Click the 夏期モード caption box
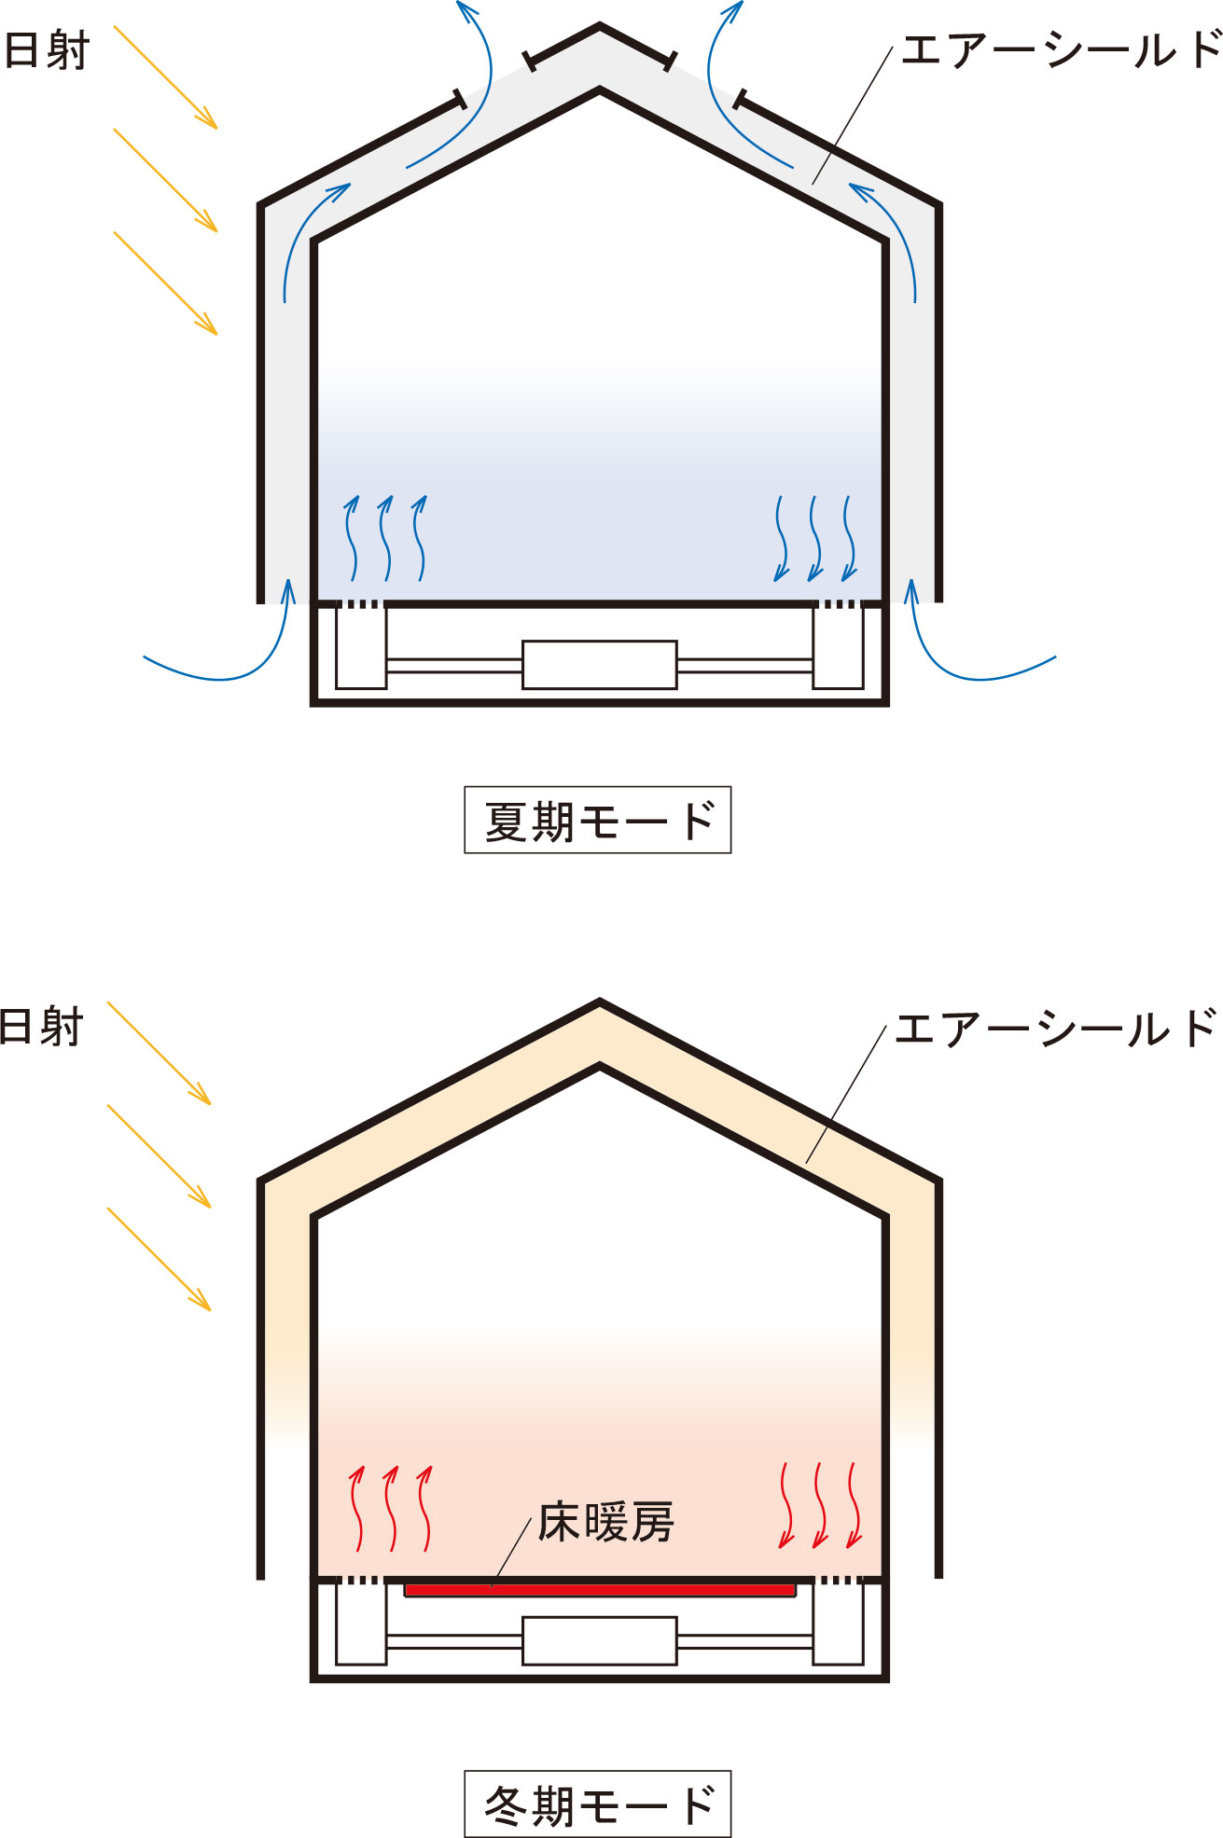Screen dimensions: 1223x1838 click(597, 820)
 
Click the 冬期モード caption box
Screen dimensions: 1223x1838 click(597, 1803)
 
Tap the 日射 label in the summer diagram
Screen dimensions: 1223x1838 click(47, 50)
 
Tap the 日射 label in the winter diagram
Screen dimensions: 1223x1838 click(42, 1028)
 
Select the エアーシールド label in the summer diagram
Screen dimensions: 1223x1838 click(1062, 49)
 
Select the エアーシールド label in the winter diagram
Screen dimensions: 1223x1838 click(1056, 1028)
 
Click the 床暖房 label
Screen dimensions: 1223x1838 click(605, 1523)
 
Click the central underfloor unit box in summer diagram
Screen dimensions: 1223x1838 click(599, 665)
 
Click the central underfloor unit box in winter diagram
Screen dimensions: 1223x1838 click(599, 1641)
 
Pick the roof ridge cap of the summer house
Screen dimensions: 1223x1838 click(600, 44)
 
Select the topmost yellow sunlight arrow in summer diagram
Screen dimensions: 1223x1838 click(165, 77)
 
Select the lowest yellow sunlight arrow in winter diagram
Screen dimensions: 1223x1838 click(160, 1259)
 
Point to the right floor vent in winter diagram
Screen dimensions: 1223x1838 click(837, 1580)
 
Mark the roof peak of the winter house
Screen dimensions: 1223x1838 click(600, 1002)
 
